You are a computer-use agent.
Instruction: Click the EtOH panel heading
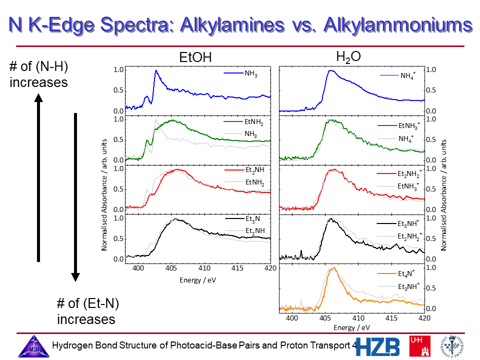(195, 58)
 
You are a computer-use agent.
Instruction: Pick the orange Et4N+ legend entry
(406, 274)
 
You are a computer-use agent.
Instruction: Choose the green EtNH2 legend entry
(253, 122)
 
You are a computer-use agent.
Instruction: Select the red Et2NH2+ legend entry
(409, 174)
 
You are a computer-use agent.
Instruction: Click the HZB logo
(378, 346)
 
